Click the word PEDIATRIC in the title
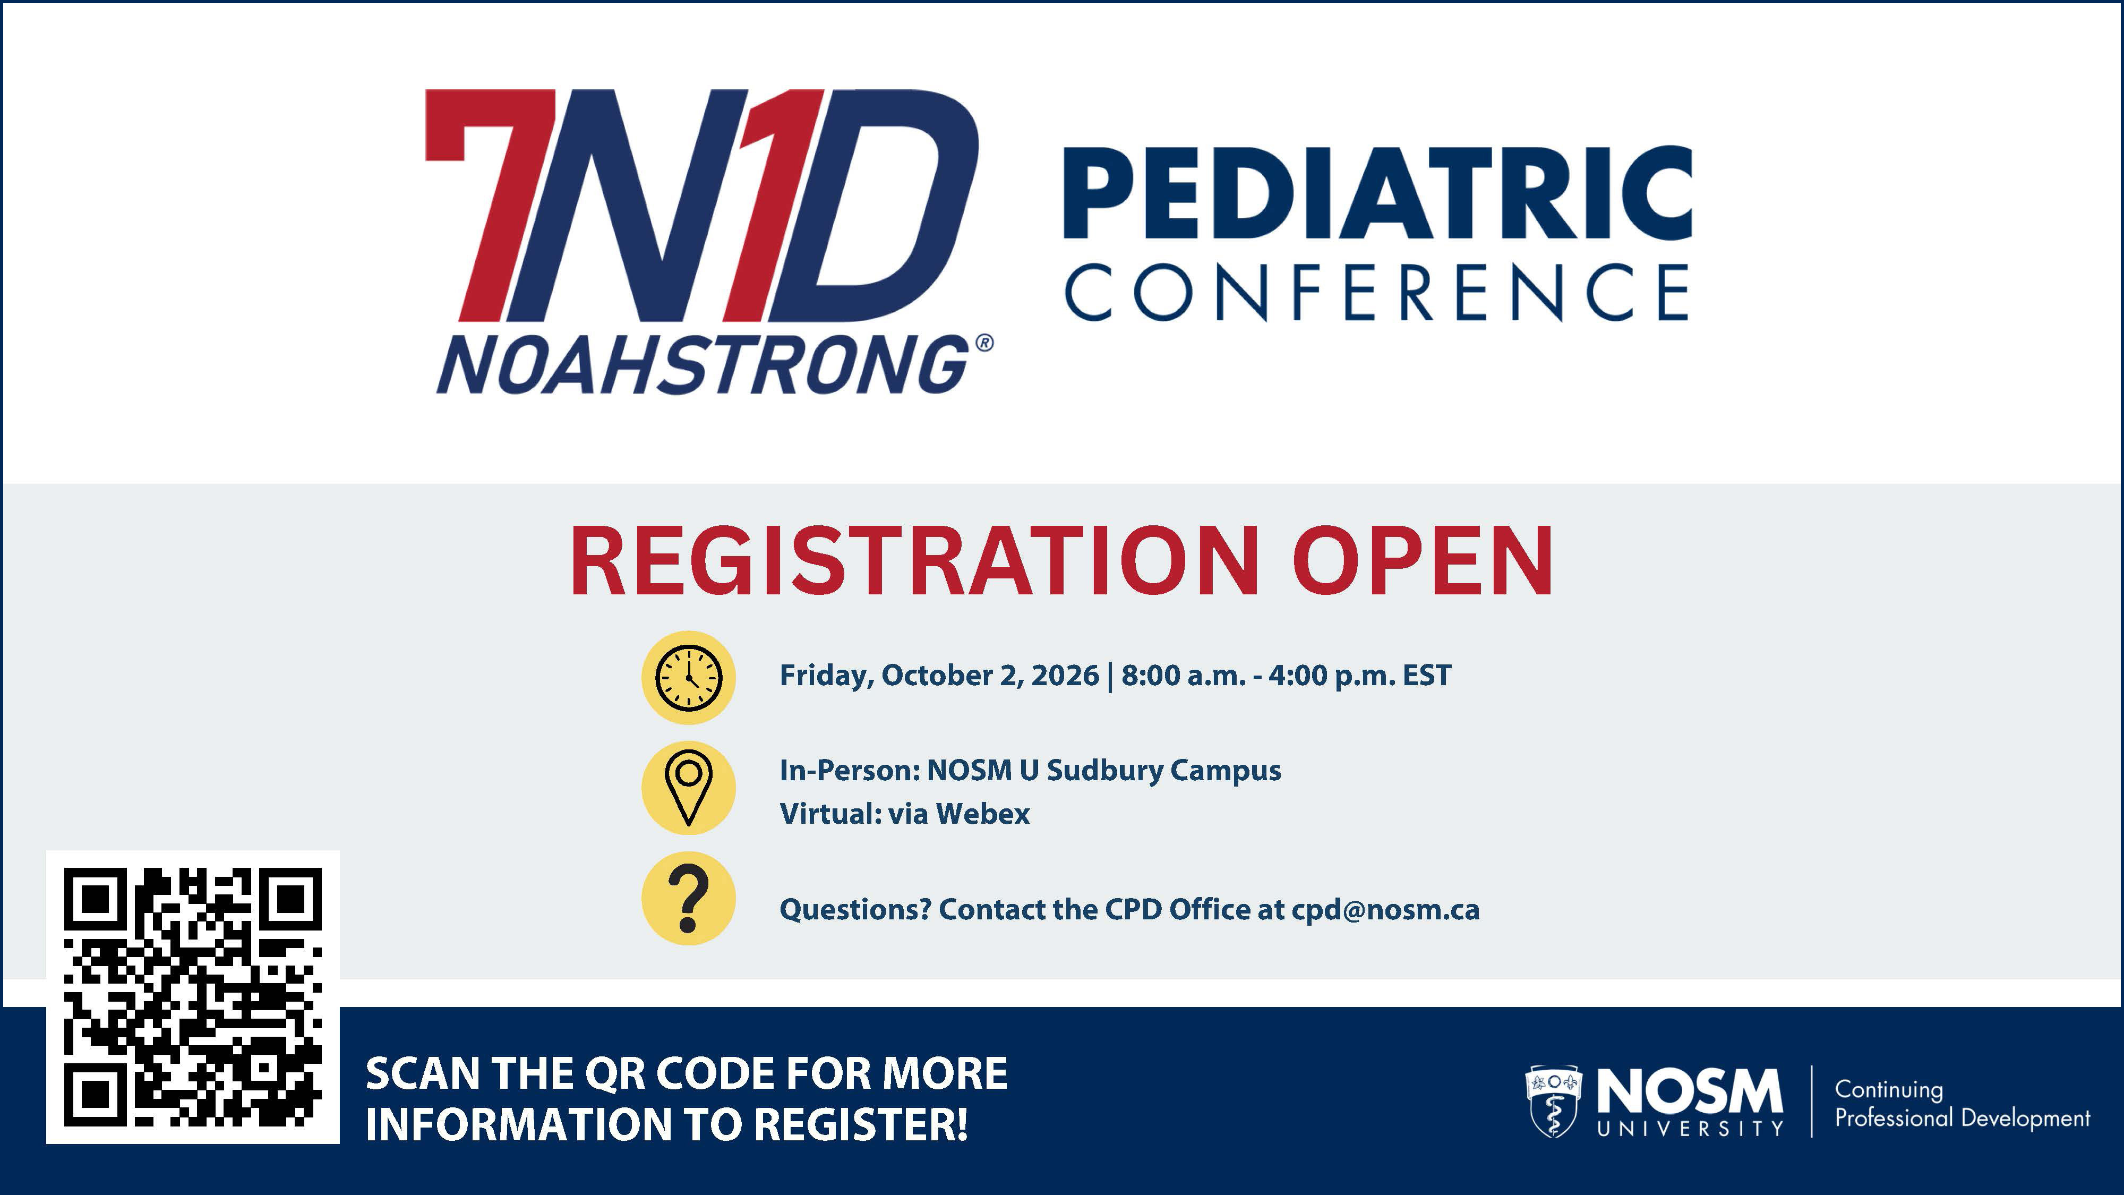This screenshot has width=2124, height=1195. [x=1378, y=194]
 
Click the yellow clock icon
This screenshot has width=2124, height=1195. [x=689, y=678]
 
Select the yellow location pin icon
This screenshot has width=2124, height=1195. [x=689, y=788]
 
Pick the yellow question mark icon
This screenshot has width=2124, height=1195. [x=689, y=898]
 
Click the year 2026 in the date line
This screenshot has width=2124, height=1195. [x=1065, y=676]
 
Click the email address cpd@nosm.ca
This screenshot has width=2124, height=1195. [x=1385, y=910]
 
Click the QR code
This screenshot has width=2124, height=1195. [x=193, y=997]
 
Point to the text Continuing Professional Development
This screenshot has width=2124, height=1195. [x=1963, y=1104]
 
